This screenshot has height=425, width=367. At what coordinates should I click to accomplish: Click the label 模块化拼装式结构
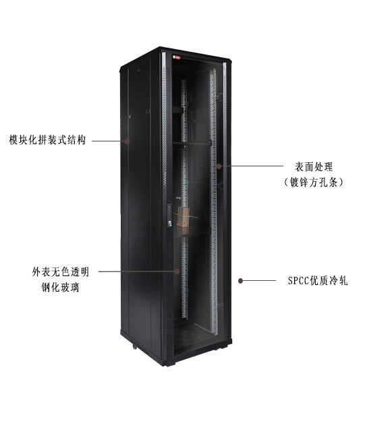click(47, 140)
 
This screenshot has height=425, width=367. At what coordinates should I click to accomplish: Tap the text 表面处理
click(314, 166)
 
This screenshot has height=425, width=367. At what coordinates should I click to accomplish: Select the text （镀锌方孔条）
click(314, 182)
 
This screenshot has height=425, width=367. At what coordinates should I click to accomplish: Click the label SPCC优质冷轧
click(318, 281)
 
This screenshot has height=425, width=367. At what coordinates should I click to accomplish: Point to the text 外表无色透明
click(61, 271)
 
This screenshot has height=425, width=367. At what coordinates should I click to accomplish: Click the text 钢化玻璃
click(60, 288)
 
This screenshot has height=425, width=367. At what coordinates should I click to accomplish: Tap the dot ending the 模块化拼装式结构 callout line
click(127, 141)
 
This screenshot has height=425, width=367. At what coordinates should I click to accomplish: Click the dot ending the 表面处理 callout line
click(219, 166)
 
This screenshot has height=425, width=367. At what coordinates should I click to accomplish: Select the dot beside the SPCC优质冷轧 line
click(240, 281)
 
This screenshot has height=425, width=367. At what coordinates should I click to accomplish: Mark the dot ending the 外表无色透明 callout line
click(177, 271)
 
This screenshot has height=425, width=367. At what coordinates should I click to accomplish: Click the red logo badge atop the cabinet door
click(177, 57)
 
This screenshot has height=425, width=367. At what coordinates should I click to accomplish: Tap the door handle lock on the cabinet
click(169, 216)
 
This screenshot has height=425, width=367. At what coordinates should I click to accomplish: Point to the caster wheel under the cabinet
click(134, 346)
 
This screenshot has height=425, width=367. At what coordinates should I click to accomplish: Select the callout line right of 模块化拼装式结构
click(108, 141)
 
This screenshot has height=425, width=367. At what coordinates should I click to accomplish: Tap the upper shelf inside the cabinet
click(192, 143)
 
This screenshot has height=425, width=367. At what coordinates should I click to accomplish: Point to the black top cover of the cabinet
click(175, 55)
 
